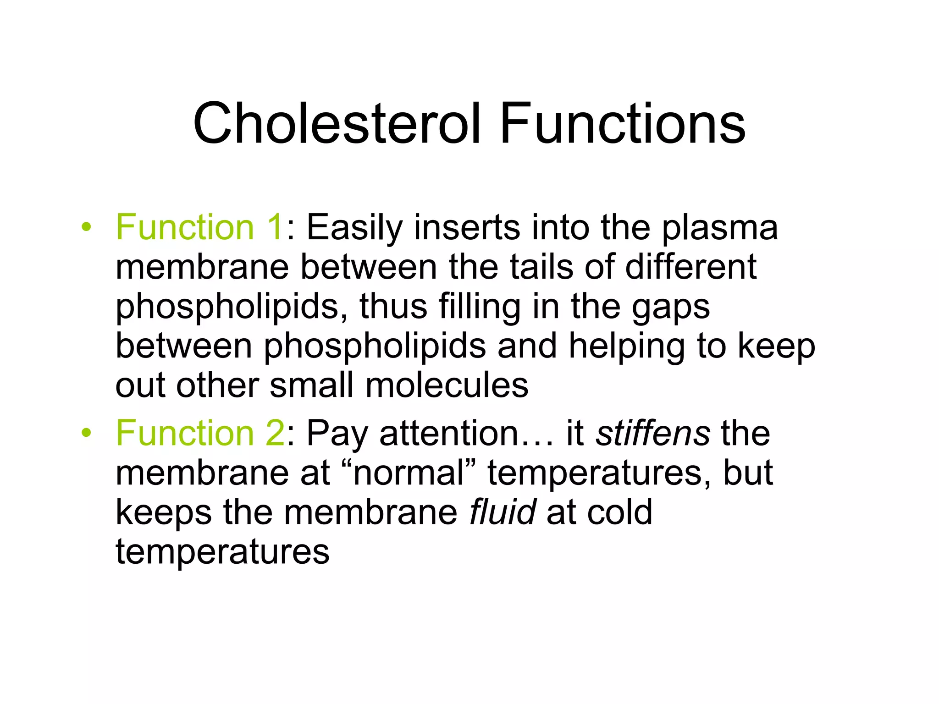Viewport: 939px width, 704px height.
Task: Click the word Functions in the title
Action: click(x=623, y=124)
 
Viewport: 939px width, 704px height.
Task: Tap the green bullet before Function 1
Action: click(x=86, y=227)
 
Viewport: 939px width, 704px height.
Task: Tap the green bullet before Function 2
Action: click(x=86, y=433)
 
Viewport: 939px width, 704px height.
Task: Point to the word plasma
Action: click(x=719, y=228)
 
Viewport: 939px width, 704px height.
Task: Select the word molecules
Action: click(x=447, y=385)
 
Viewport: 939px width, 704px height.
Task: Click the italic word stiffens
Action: click(x=653, y=433)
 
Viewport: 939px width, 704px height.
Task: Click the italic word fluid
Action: click(x=503, y=512)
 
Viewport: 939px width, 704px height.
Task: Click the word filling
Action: click(x=479, y=307)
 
